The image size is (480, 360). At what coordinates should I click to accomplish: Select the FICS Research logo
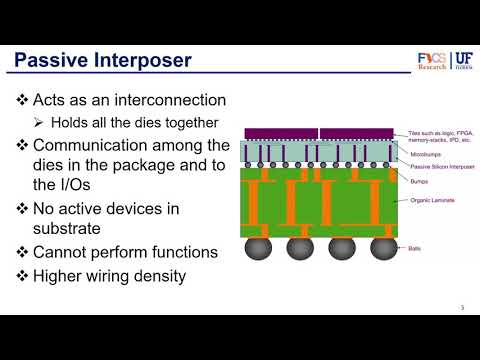(x=432, y=62)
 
